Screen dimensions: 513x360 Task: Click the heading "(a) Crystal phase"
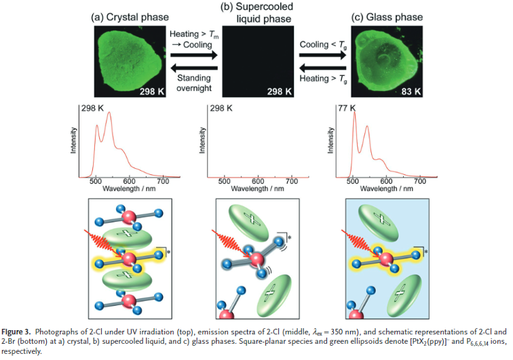130,17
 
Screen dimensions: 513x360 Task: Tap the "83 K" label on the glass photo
411,92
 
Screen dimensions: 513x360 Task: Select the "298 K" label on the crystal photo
152,92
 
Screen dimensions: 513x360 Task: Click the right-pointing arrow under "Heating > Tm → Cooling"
194,55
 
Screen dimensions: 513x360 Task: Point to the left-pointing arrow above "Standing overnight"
194,68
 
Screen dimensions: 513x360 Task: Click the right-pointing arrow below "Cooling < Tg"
322,55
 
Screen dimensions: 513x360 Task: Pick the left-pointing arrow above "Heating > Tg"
322,68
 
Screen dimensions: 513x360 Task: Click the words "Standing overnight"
194,83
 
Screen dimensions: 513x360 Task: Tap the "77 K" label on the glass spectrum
347,108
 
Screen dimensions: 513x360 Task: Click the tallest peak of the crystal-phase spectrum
109,113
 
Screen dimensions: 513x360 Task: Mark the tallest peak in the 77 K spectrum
354,112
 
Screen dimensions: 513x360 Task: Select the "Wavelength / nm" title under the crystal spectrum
129,188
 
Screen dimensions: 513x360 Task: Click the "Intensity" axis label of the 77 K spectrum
330,140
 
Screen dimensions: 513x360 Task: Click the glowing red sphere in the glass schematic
386,258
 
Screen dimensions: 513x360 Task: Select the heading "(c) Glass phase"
387,17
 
